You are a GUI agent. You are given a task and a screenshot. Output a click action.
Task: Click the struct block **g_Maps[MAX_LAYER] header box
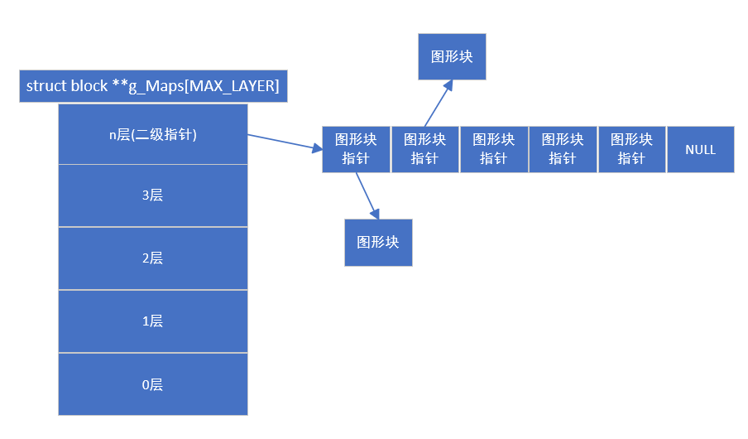(x=153, y=86)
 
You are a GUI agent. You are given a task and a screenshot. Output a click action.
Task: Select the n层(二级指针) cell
(x=153, y=134)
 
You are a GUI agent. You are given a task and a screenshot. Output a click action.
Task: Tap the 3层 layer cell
(x=153, y=195)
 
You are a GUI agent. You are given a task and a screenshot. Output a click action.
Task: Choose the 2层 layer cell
(x=153, y=258)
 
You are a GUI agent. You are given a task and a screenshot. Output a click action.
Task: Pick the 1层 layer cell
(x=153, y=321)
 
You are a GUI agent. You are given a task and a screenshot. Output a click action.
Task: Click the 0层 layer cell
(x=153, y=384)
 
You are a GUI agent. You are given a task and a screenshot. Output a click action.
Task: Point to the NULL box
(x=700, y=150)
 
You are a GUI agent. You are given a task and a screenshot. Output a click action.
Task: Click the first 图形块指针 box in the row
(x=356, y=149)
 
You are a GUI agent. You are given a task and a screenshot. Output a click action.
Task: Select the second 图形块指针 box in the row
(x=424, y=149)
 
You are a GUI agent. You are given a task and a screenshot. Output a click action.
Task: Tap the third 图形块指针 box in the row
(x=493, y=149)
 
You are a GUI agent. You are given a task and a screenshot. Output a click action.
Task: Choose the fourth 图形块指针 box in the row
(x=562, y=149)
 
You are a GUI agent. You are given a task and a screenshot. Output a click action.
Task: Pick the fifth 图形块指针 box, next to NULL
(x=631, y=149)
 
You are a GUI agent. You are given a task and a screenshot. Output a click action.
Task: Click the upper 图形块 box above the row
(x=452, y=56)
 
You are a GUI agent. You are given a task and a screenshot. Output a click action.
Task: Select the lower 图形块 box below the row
(x=378, y=243)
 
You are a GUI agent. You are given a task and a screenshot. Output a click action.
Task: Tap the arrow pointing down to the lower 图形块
(x=367, y=195)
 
